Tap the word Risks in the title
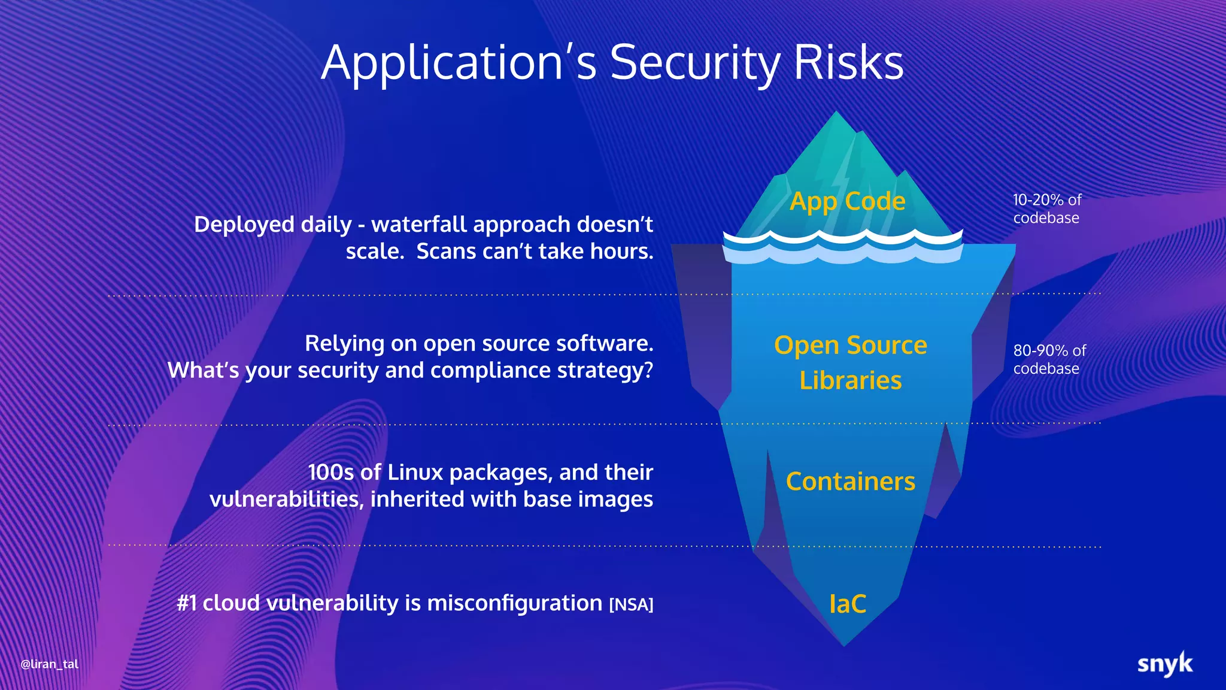[848, 63]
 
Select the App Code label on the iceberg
[847, 201]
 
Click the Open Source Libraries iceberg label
[850, 362]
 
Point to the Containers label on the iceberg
[850, 482]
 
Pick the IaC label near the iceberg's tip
[848, 604]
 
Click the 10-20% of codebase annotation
[1047, 208]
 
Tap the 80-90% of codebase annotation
[1049, 359]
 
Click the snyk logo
[1164, 664]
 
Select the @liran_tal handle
[50, 664]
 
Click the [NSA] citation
[631, 605]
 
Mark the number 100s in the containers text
[331, 473]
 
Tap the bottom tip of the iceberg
[844, 645]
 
